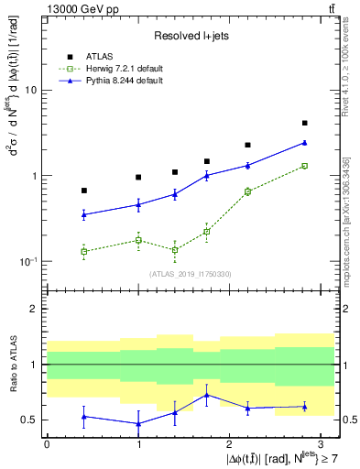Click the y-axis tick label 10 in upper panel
[31, 90]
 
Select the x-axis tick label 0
[47, 443]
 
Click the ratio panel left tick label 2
[33, 310]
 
